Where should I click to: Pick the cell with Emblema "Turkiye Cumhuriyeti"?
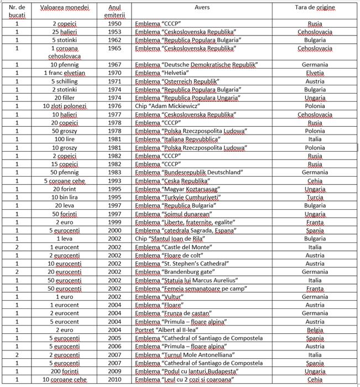click(x=178, y=197)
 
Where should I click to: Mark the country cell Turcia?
click(x=315, y=197)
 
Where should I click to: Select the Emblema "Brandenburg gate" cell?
click(x=175, y=272)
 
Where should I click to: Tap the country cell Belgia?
click(x=315, y=330)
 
